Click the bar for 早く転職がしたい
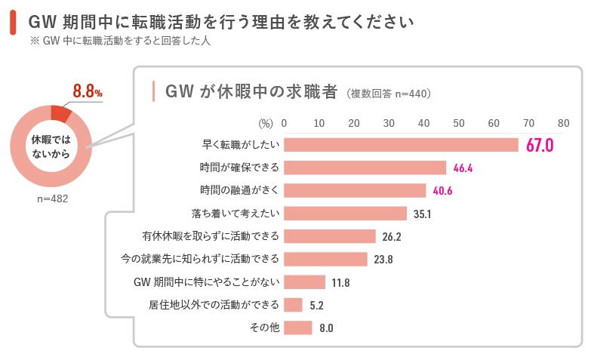coord(401,145)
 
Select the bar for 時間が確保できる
coord(365,168)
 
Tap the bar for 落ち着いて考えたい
coord(345,214)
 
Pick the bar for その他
coord(297,328)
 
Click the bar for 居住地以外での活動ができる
coord(293,305)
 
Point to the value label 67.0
coord(540,145)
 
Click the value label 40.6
coord(442,191)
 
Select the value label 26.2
coord(392,237)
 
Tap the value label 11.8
coord(340,282)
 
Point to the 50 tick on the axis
coord(459,123)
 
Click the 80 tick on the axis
coord(563,123)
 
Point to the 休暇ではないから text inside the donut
coord(51,147)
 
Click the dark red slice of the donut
coord(60,113)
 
